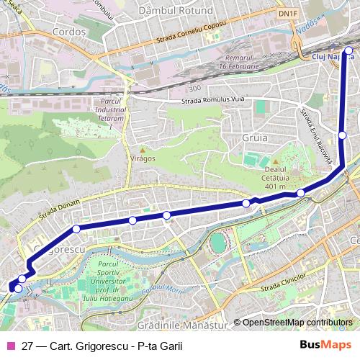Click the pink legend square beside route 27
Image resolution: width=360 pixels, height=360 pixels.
tap(11, 346)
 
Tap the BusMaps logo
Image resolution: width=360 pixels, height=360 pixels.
tap(325, 346)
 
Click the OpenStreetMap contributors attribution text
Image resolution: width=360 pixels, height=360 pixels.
tap(297, 323)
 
